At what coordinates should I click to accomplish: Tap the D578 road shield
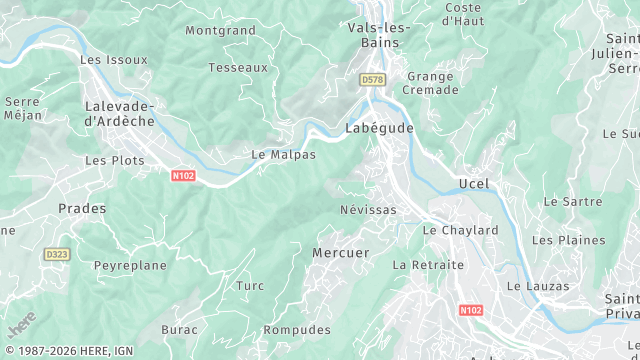point(372,79)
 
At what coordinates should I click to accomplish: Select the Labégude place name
point(379,129)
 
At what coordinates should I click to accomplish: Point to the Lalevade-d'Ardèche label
point(119,113)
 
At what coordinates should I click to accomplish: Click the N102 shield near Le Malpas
point(183,176)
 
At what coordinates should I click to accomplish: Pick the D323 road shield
point(56,255)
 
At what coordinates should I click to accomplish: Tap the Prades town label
point(82,208)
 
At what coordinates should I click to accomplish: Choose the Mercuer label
point(341,253)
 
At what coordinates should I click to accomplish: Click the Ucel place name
point(474,183)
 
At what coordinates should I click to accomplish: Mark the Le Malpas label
point(283,155)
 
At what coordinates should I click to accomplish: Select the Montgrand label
point(220,31)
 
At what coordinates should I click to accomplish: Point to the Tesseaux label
point(238,68)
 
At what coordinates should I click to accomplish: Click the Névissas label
point(368,210)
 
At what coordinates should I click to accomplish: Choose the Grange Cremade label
point(430,82)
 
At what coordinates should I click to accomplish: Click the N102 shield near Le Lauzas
point(471,311)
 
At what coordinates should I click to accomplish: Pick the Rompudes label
point(297,330)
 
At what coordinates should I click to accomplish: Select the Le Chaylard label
point(460,230)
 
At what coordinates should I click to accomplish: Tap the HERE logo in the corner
point(21,325)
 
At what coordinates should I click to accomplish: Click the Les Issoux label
point(114,60)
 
